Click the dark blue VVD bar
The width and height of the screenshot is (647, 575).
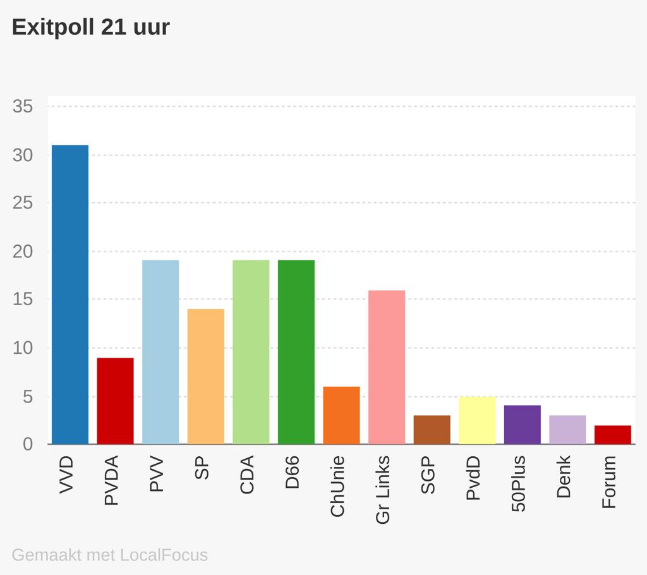point(70,294)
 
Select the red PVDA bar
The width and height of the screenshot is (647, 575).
point(115,401)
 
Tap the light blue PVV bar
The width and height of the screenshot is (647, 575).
point(160,352)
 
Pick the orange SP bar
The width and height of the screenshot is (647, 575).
point(205,376)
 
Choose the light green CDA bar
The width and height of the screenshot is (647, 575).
point(251,352)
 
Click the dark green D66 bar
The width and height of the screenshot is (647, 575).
point(296,352)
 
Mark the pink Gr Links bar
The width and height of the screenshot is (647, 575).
point(387,367)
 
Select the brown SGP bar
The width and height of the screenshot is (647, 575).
point(432,430)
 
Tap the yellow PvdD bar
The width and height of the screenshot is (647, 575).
point(477,420)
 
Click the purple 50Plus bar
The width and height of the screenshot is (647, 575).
point(523,425)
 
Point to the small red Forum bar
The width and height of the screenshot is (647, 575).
point(613,435)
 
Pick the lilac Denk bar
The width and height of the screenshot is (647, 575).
point(567,430)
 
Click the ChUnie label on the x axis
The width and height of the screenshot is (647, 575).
point(337,486)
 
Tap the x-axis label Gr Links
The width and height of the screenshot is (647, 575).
point(383,490)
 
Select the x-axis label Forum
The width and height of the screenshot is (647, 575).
point(609,481)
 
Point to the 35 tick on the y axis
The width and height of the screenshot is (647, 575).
point(23,107)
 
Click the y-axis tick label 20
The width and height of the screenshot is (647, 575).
point(23,251)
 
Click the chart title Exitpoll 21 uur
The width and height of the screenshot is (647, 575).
point(91,27)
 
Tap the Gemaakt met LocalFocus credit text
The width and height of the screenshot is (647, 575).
point(110,555)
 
